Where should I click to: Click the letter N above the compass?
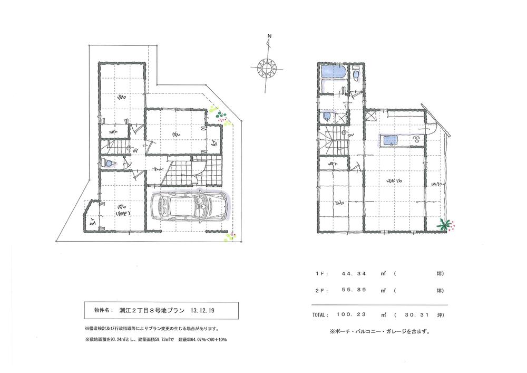click(x=269, y=36)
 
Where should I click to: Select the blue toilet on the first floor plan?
click(x=109, y=164)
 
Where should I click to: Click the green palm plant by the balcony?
click(x=445, y=225)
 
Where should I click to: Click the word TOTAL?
click(x=319, y=314)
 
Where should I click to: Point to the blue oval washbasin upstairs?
click(x=327, y=117)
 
